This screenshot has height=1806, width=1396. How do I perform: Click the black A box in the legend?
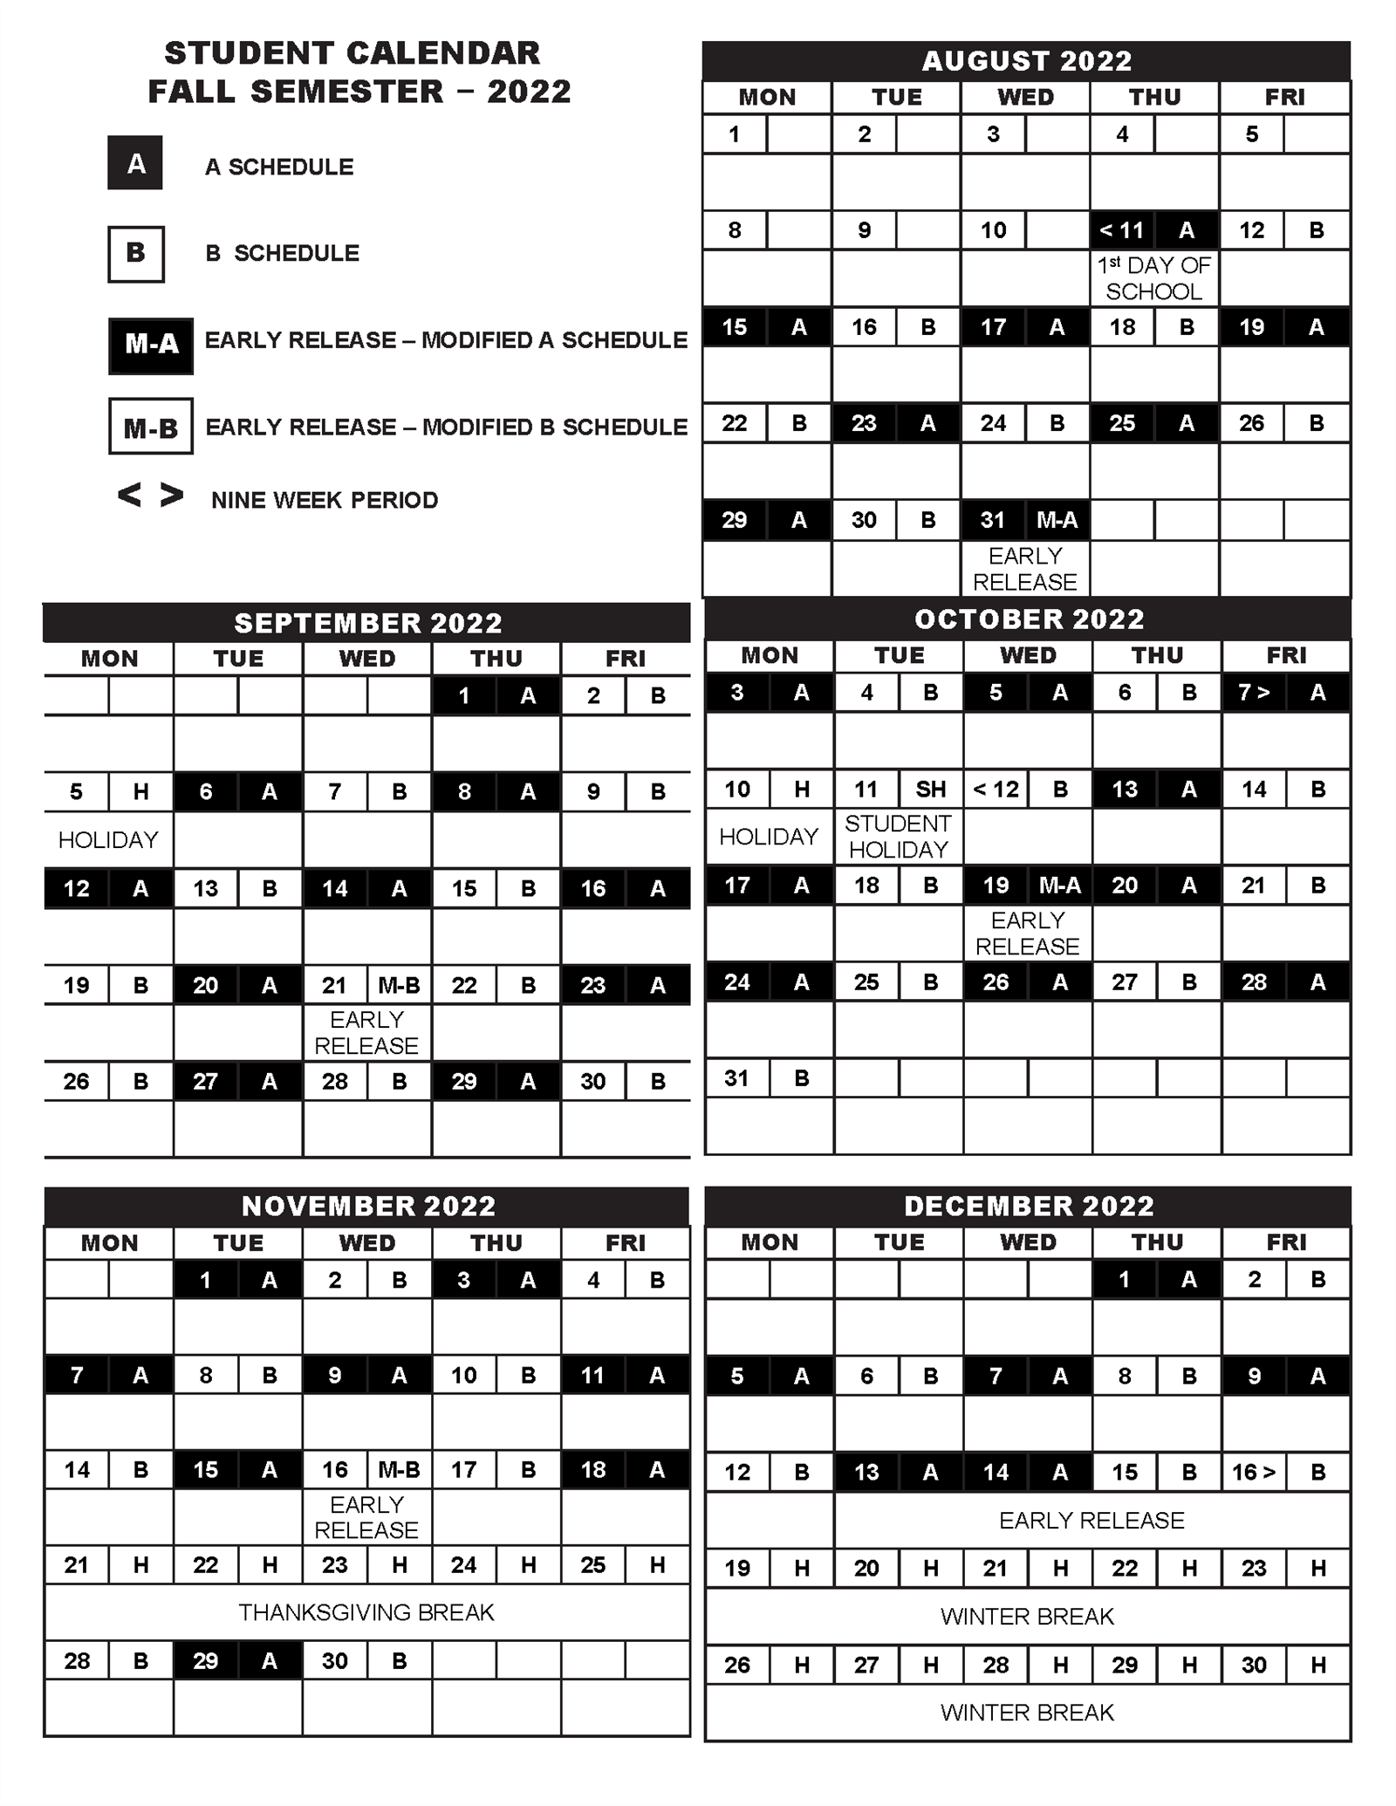click(135, 163)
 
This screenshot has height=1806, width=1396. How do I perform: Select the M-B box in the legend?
click(150, 428)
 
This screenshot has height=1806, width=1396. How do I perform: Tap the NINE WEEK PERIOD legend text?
click(325, 500)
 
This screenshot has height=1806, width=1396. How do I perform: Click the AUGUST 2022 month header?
click(1026, 61)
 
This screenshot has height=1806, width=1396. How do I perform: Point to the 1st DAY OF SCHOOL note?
click(1153, 278)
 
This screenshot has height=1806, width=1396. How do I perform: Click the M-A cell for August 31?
click(1057, 521)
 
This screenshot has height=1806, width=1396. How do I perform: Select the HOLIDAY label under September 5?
click(108, 840)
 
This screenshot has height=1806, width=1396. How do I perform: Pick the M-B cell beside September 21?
click(399, 986)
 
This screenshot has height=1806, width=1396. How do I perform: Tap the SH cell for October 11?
click(930, 790)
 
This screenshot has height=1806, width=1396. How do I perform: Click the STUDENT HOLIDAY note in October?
click(898, 837)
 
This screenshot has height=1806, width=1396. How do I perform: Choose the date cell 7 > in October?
click(1254, 693)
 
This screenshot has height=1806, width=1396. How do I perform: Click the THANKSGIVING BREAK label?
click(366, 1612)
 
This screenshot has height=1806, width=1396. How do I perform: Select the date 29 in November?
click(205, 1661)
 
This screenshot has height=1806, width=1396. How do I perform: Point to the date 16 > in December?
click(1254, 1473)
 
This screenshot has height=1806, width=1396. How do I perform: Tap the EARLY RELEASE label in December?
click(1091, 1521)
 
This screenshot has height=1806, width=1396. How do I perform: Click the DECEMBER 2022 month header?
click(1028, 1206)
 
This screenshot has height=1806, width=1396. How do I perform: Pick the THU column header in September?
click(496, 659)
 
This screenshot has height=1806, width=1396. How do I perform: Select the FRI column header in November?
click(625, 1242)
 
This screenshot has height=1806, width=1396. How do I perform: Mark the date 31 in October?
click(737, 1078)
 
